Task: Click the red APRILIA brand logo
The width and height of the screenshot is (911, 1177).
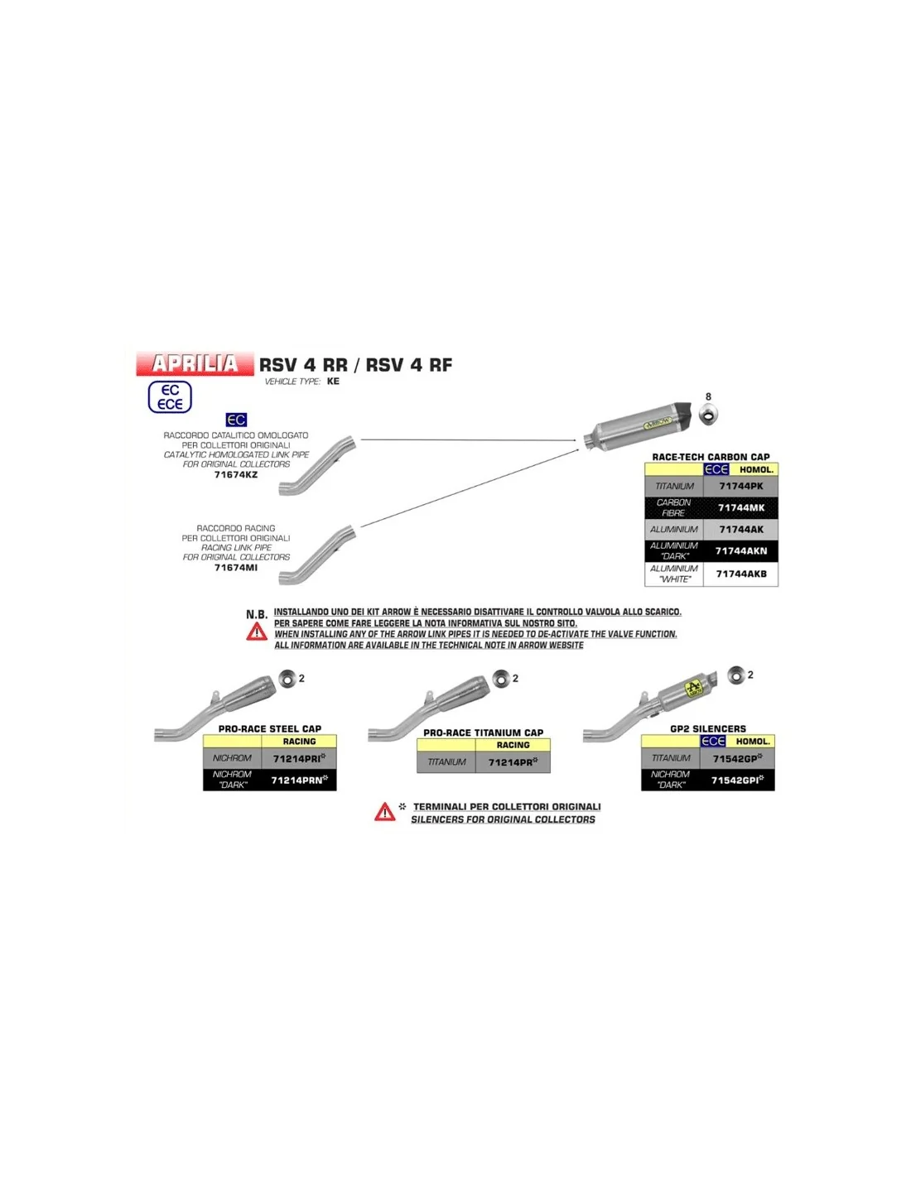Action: click(195, 363)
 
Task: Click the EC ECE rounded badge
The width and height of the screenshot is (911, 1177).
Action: click(170, 397)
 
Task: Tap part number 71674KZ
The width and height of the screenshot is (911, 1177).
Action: click(236, 475)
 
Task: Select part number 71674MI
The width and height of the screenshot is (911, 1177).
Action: click(236, 568)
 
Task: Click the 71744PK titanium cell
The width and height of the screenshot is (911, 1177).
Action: click(740, 486)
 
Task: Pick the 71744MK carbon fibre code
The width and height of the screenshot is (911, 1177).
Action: click(740, 507)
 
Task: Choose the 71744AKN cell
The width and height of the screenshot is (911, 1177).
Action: click(740, 551)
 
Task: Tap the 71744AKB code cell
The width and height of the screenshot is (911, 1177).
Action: click(740, 574)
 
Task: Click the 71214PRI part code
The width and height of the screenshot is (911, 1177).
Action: click(299, 758)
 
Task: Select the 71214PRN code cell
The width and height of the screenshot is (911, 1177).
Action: click(299, 780)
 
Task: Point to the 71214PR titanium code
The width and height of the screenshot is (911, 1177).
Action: click(513, 762)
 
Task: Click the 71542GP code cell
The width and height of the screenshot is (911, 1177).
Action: click(737, 758)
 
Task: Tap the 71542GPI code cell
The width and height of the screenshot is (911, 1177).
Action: click(737, 780)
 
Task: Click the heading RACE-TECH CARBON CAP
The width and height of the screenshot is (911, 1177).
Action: click(711, 457)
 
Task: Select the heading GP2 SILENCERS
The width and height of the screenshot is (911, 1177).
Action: click(708, 728)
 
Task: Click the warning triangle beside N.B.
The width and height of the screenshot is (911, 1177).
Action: click(257, 632)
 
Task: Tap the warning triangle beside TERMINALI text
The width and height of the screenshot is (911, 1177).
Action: click(384, 811)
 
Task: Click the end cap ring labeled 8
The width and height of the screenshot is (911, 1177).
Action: click(708, 416)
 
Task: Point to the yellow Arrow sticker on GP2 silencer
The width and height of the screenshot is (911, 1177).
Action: click(694, 689)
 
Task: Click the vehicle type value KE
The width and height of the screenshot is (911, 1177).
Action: click(333, 381)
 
